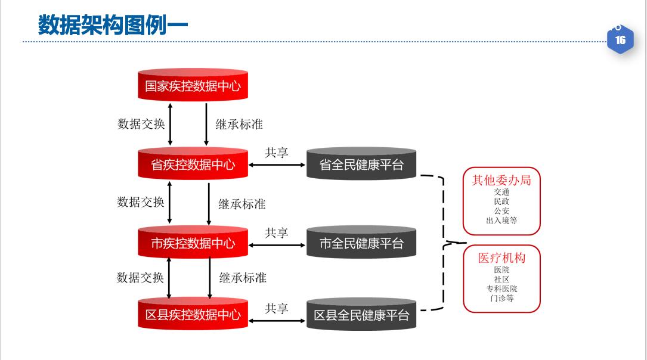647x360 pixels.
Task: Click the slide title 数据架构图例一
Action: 113,25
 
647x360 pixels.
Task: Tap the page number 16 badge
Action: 620,40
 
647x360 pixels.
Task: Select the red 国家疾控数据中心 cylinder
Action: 193,86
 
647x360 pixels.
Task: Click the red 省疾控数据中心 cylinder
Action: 193,165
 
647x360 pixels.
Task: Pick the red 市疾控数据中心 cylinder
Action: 193,243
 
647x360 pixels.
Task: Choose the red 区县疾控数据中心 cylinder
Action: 193,315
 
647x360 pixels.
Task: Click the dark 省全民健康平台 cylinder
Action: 361,165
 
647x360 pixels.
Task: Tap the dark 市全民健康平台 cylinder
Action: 361,243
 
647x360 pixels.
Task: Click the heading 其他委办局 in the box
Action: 501,180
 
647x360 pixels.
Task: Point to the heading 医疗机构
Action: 501,258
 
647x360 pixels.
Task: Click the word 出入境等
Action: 501,221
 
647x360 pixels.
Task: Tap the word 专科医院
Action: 501,288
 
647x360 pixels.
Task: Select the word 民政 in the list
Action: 501,201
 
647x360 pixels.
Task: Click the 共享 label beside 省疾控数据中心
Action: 277,153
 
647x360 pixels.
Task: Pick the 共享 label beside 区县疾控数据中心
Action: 277,309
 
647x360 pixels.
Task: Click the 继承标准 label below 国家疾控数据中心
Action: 239,124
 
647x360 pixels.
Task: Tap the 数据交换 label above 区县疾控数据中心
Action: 140,277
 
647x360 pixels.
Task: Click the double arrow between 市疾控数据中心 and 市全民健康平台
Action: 277,244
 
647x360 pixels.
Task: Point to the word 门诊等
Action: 501,298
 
